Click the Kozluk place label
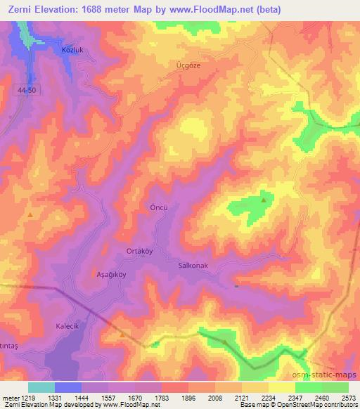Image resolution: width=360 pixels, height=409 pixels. tap(72, 52)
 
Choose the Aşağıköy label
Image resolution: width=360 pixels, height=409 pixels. tap(110, 275)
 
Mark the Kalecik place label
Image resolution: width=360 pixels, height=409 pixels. tap(70, 327)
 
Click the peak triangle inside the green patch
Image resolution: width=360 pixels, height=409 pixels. tap(264, 200)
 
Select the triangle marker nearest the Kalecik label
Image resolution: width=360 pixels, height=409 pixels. tap(122, 335)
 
